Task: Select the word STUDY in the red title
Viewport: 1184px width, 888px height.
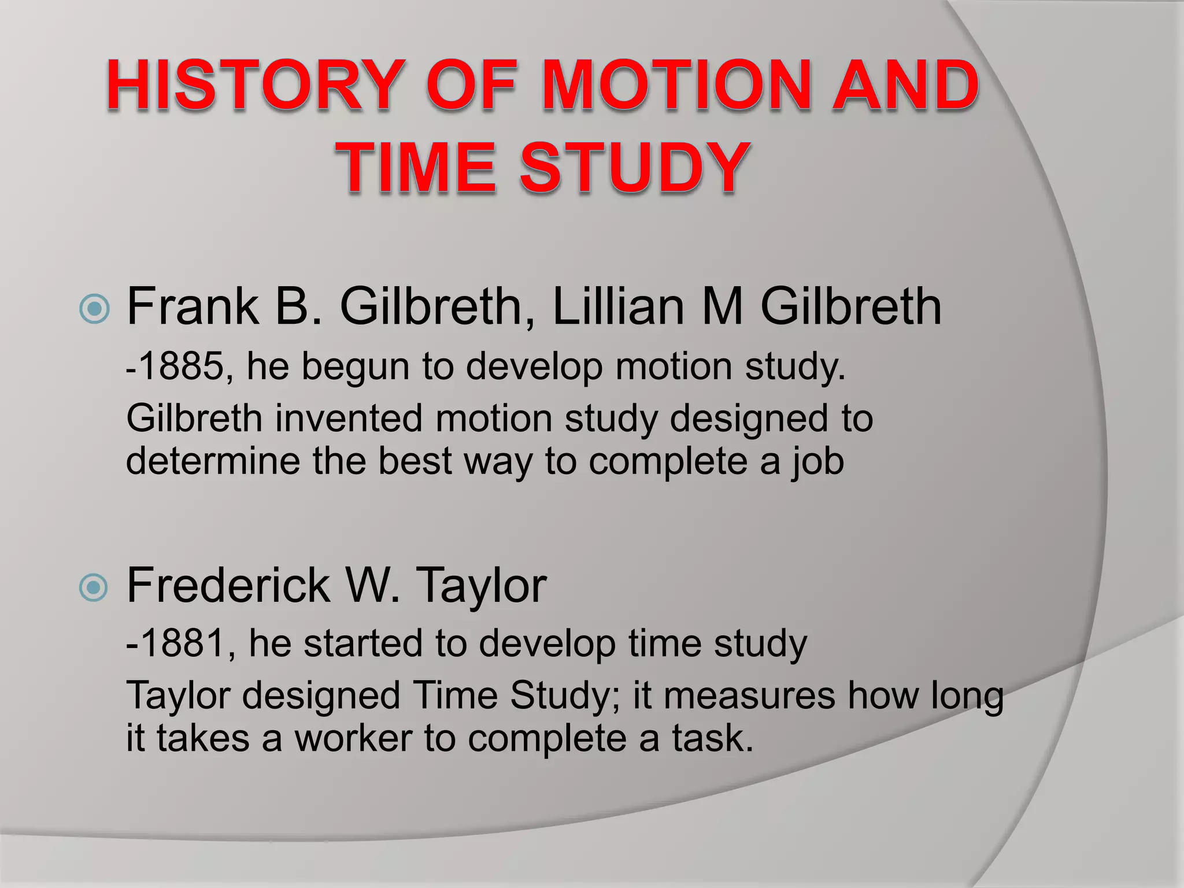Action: coord(633,168)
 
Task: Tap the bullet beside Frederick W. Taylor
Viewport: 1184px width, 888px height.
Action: coord(94,588)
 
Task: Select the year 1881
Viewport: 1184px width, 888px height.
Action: coord(182,643)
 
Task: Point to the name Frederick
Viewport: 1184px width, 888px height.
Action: coord(229,586)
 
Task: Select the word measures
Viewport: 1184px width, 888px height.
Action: coord(749,695)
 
